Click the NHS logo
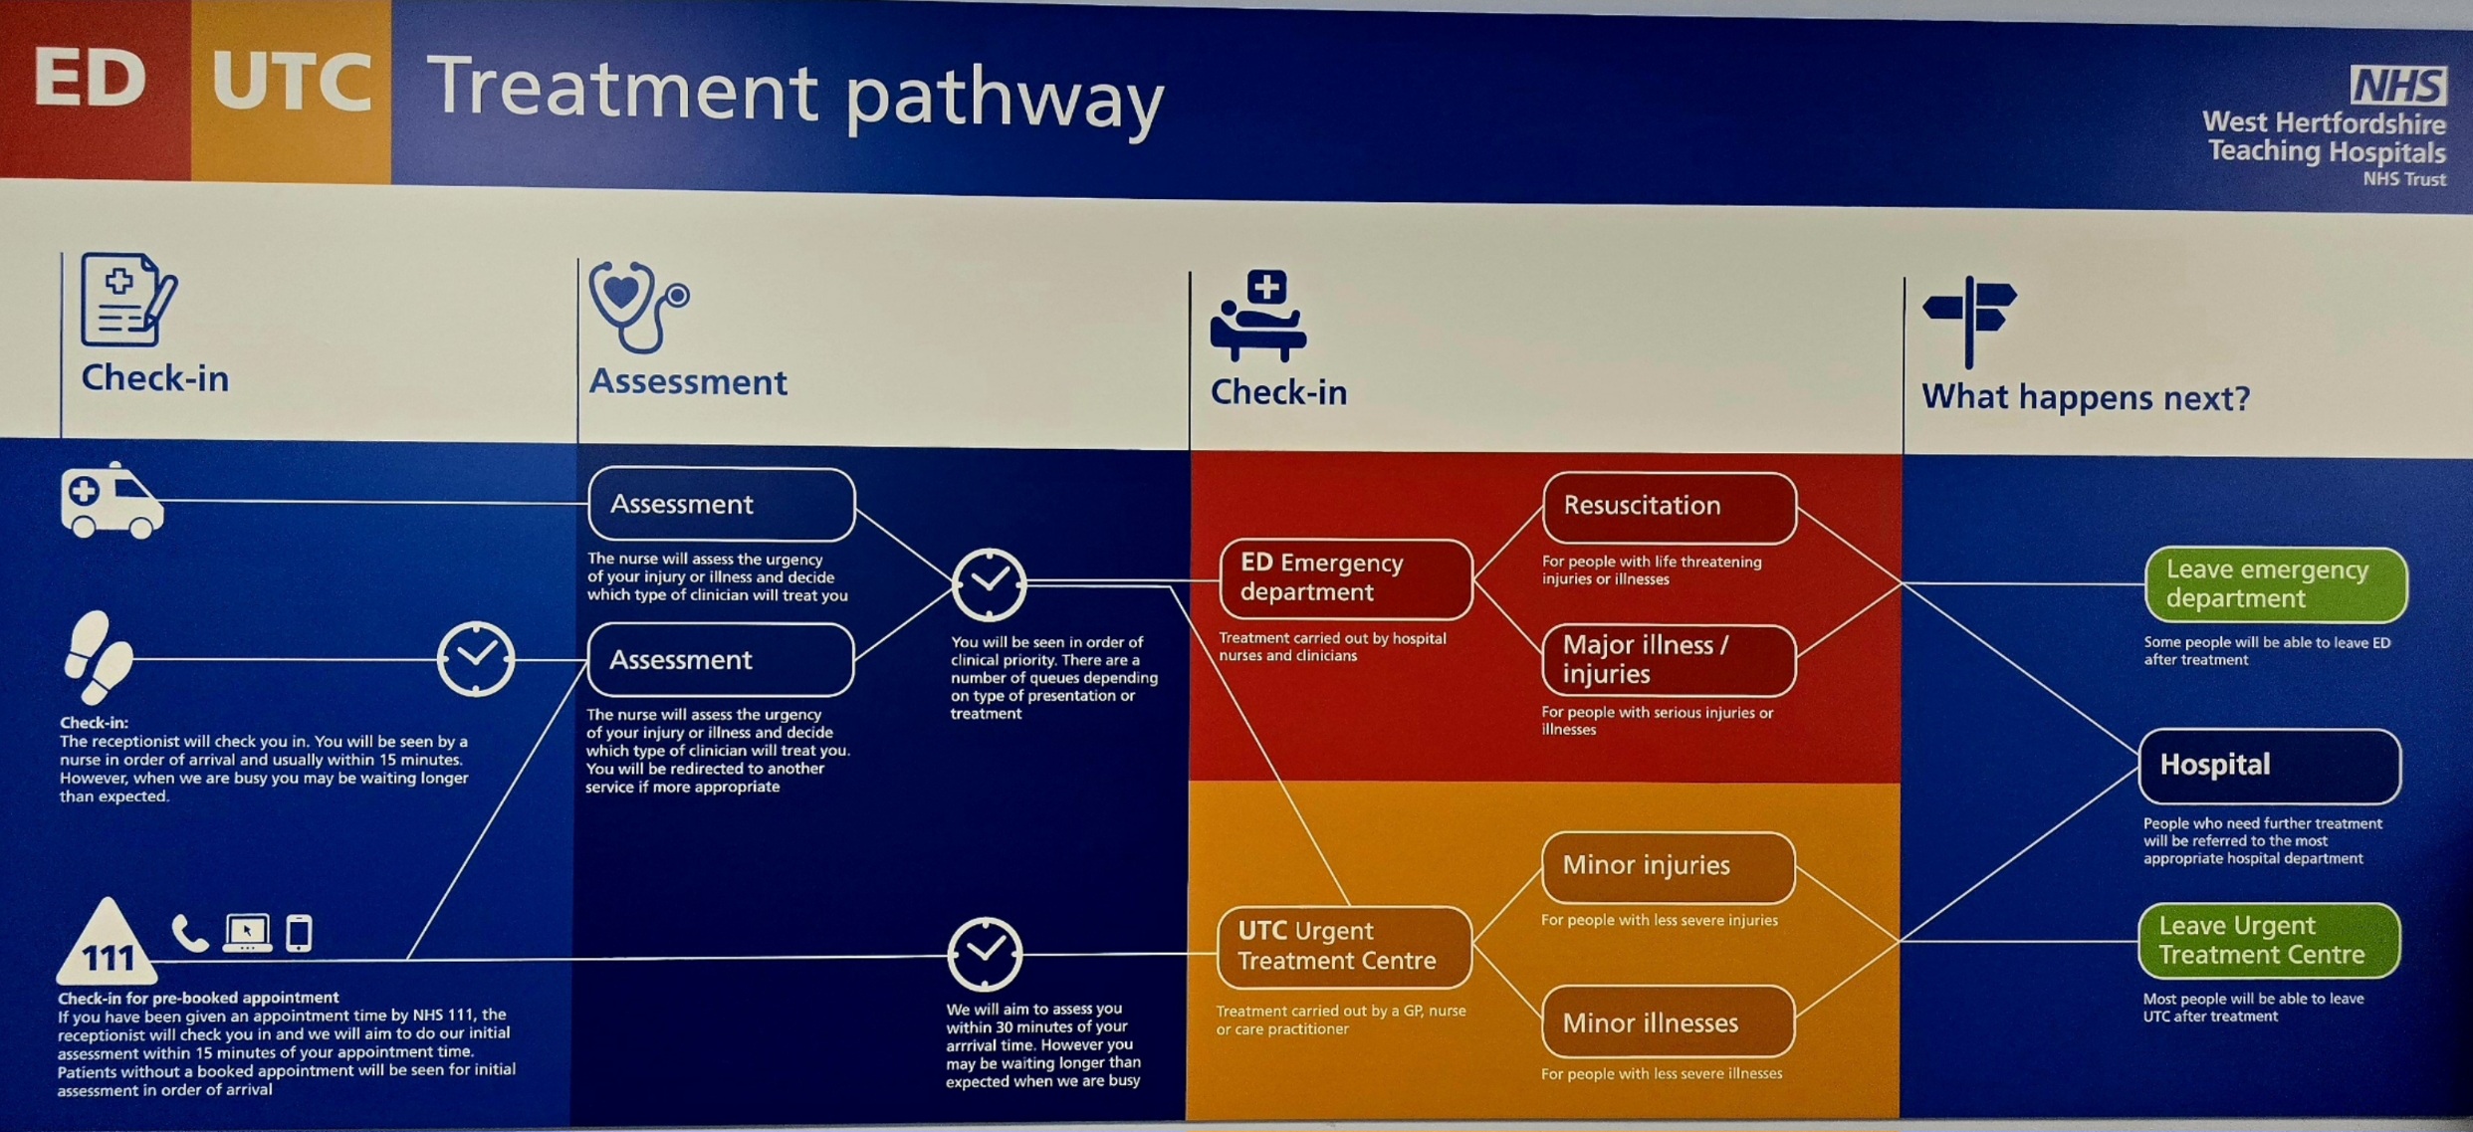pyautogui.click(x=2397, y=86)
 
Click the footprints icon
pyautogui.click(x=98, y=657)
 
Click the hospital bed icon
pyautogui.click(x=1258, y=316)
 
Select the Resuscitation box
pyautogui.click(x=1670, y=507)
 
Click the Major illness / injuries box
pyautogui.click(x=1669, y=660)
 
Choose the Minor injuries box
pyautogui.click(x=1668, y=866)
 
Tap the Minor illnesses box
pyautogui.click(x=1668, y=1022)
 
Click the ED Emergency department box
pyautogui.click(x=1345, y=578)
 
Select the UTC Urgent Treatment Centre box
pyautogui.click(x=1344, y=947)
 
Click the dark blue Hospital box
pyautogui.click(x=2269, y=766)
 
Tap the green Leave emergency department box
pyautogui.click(x=2275, y=584)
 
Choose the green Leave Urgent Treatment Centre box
pyautogui.click(x=2269, y=941)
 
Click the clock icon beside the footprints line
pyautogui.click(x=476, y=658)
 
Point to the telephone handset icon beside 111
pyautogui.click(x=189, y=934)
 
